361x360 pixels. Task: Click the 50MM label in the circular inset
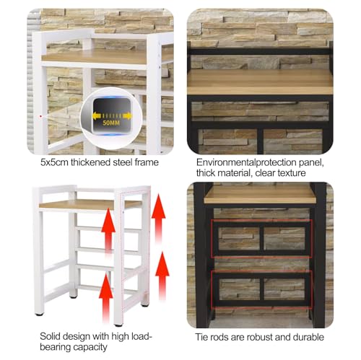(x=111, y=124)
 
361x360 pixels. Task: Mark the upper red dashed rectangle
(x=261, y=238)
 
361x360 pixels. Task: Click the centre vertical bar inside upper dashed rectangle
(x=261, y=238)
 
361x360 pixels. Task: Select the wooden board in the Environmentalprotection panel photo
(x=260, y=81)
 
